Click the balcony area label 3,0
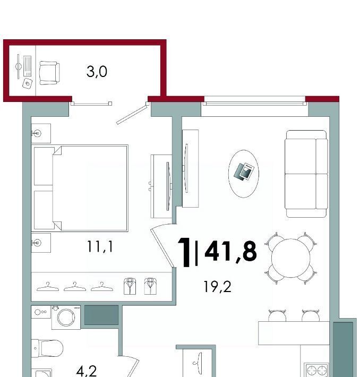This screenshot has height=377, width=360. tap(97, 72)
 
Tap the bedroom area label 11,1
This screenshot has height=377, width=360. tap(100, 247)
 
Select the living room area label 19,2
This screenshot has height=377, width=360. tap(217, 287)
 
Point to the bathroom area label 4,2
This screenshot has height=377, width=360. tap(87, 371)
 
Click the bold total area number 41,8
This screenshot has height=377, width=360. tap(230, 251)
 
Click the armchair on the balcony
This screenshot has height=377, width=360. tap(49, 73)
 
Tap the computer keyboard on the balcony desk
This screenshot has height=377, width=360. tap(28, 66)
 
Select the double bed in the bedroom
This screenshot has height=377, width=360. tap(80, 188)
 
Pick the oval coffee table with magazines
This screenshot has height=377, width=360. tap(244, 174)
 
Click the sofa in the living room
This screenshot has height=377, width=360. tap(306, 174)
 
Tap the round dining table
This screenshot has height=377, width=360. tap(291, 258)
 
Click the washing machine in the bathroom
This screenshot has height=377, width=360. tap(66, 318)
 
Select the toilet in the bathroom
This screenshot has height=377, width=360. tap(47, 348)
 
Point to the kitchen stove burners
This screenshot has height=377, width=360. tap(316, 370)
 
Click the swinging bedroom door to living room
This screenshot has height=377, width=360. tap(162, 247)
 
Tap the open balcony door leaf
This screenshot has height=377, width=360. tap(132, 115)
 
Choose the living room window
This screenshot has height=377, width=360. tap(255, 104)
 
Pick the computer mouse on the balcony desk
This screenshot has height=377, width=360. tap(28, 83)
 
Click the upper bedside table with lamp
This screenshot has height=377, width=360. tap(41, 133)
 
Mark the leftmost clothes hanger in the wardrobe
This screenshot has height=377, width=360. tap(48, 287)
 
